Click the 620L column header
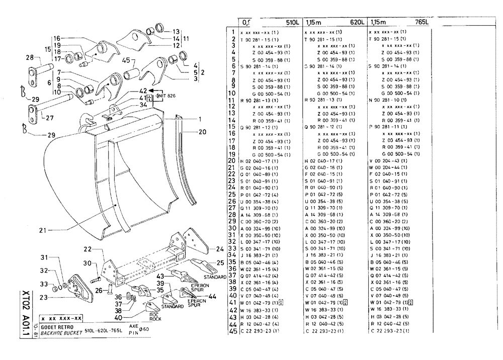click(357, 22)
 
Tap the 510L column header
click(292, 22)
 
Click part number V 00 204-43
click(388, 160)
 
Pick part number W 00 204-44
click(388, 167)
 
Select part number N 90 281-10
click(388, 100)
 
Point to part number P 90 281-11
click(388, 127)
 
